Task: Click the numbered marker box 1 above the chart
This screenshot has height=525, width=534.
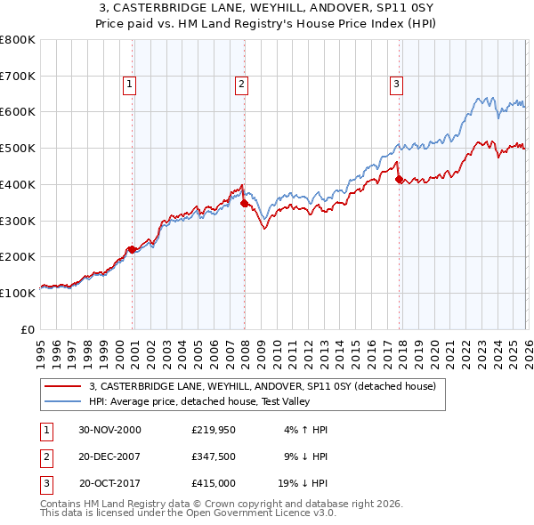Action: pyautogui.click(x=129, y=85)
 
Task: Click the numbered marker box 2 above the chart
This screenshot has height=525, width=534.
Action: pyautogui.click(x=241, y=85)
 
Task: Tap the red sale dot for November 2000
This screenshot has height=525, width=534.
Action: pyautogui.click(x=133, y=249)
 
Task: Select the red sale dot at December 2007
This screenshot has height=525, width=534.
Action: pyautogui.click(x=244, y=204)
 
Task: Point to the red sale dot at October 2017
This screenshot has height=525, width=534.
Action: pyautogui.click(x=399, y=179)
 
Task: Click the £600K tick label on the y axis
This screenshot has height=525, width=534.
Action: pyautogui.click(x=18, y=112)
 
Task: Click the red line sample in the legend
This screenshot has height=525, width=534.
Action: pyautogui.click(x=63, y=386)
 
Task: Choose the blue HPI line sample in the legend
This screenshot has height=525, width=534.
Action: pyautogui.click(x=63, y=401)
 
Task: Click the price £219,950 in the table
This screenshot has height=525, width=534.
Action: pyautogui.click(x=213, y=429)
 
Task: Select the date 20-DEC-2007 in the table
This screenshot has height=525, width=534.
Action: pyautogui.click(x=109, y=456)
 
